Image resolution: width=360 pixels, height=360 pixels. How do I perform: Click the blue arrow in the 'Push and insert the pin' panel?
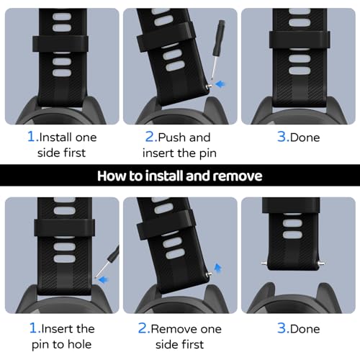click(x=220, y=84)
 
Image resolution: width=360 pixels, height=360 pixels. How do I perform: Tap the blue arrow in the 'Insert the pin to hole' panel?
click(x=104, y=279)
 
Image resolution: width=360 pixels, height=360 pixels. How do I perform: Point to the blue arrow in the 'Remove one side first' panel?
click(x=217, y=268)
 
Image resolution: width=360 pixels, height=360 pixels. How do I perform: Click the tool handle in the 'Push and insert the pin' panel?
click(x=219, y=38)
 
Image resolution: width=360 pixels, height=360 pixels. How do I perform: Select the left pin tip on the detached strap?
click(x=264, y=264)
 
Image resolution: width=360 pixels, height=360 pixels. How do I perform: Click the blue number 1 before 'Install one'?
click(x=32, y=137)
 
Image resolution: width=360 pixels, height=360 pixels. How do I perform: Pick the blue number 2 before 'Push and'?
click(x=150, y=137)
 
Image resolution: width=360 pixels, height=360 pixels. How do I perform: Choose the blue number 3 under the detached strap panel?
click(x=282, y=328)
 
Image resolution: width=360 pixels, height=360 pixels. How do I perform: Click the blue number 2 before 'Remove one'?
click(x=143, y=328)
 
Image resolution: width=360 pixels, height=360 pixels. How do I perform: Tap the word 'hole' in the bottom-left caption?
click(x=80, y=344)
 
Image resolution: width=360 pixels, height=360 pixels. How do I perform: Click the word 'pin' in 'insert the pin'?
click(x=208, y=153)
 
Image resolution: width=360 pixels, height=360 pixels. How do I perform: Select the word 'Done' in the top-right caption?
click(x=305, y=138)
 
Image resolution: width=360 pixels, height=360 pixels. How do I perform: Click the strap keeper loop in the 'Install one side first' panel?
click(x=60, y=44)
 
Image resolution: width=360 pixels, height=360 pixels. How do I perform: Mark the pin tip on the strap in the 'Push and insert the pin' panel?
click(x=209, y=86)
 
